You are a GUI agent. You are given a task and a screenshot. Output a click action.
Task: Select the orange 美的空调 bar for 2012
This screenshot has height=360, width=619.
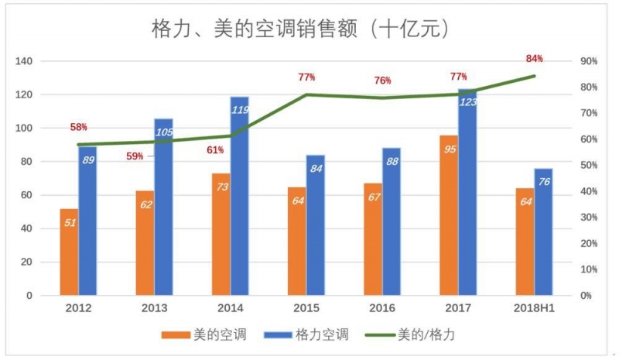(x=69, y=252)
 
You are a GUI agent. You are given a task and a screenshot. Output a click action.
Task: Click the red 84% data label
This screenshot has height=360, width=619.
(x=534, y=59)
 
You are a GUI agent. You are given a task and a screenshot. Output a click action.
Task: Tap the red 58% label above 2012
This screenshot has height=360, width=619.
(x=79, y=127)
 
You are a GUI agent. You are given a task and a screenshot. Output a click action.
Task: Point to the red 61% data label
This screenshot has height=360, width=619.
(x=214, y=150)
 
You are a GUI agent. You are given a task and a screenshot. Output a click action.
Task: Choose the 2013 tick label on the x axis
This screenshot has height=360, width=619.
(x=154, y=309)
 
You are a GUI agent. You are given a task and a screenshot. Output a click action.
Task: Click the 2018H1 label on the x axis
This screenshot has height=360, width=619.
(x=534, y=309)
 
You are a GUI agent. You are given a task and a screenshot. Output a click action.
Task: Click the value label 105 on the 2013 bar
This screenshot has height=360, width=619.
(x=163, y=132)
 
